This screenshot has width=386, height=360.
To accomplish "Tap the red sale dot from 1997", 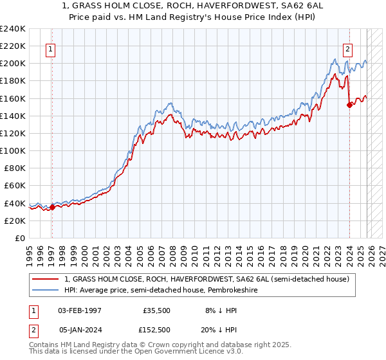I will (52, 207).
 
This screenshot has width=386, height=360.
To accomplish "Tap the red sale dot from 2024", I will (349, 105).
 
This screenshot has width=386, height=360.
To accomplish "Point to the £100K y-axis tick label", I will (12, 150).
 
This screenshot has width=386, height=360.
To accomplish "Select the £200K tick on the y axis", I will (12, 64).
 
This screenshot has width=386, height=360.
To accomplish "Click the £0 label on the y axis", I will (19, 238).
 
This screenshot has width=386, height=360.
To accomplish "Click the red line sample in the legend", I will (46, 280).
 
